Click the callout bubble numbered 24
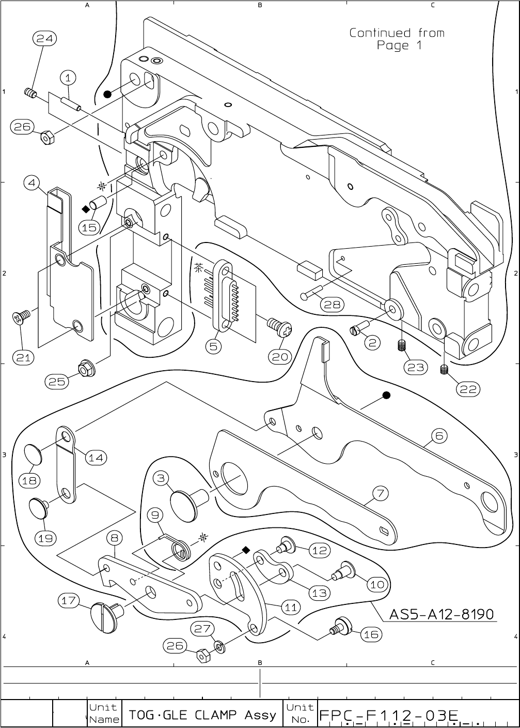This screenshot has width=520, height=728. coord(45,38)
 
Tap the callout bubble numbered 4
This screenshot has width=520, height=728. coord(32,183)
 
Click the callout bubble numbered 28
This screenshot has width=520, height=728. coord(332,305)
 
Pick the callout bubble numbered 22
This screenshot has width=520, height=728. coord(468,389)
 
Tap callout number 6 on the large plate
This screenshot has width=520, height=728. coord(438,436)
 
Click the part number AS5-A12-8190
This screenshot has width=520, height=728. coord(441,614)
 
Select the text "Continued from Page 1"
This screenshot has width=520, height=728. coord(397,39)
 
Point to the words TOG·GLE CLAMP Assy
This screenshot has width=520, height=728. coord(202,715)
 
